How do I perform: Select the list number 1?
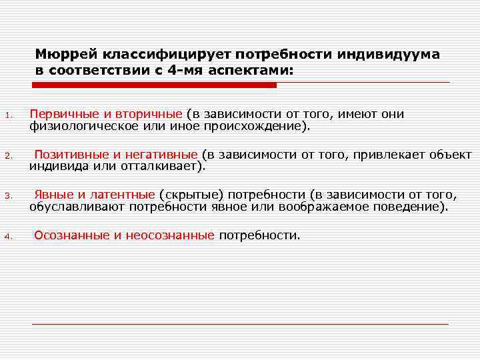(x=7, y=117)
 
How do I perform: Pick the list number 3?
(x=7, y=197)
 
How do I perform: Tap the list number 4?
(x=7, y=237)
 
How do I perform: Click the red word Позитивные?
(x=68, y=154)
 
